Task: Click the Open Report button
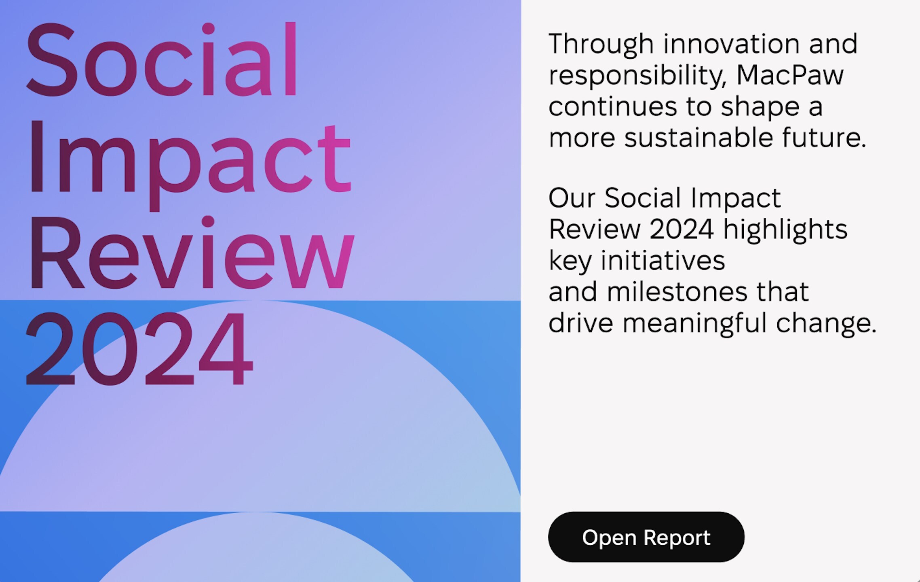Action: pos(646,537)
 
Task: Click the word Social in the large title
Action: pos(162,59)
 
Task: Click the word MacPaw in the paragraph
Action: pos(790,75)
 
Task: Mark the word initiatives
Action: pos(663,260)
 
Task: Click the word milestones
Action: pos(677,292)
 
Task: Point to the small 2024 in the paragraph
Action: pos(682,229)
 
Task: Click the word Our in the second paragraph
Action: pos(572,198)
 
